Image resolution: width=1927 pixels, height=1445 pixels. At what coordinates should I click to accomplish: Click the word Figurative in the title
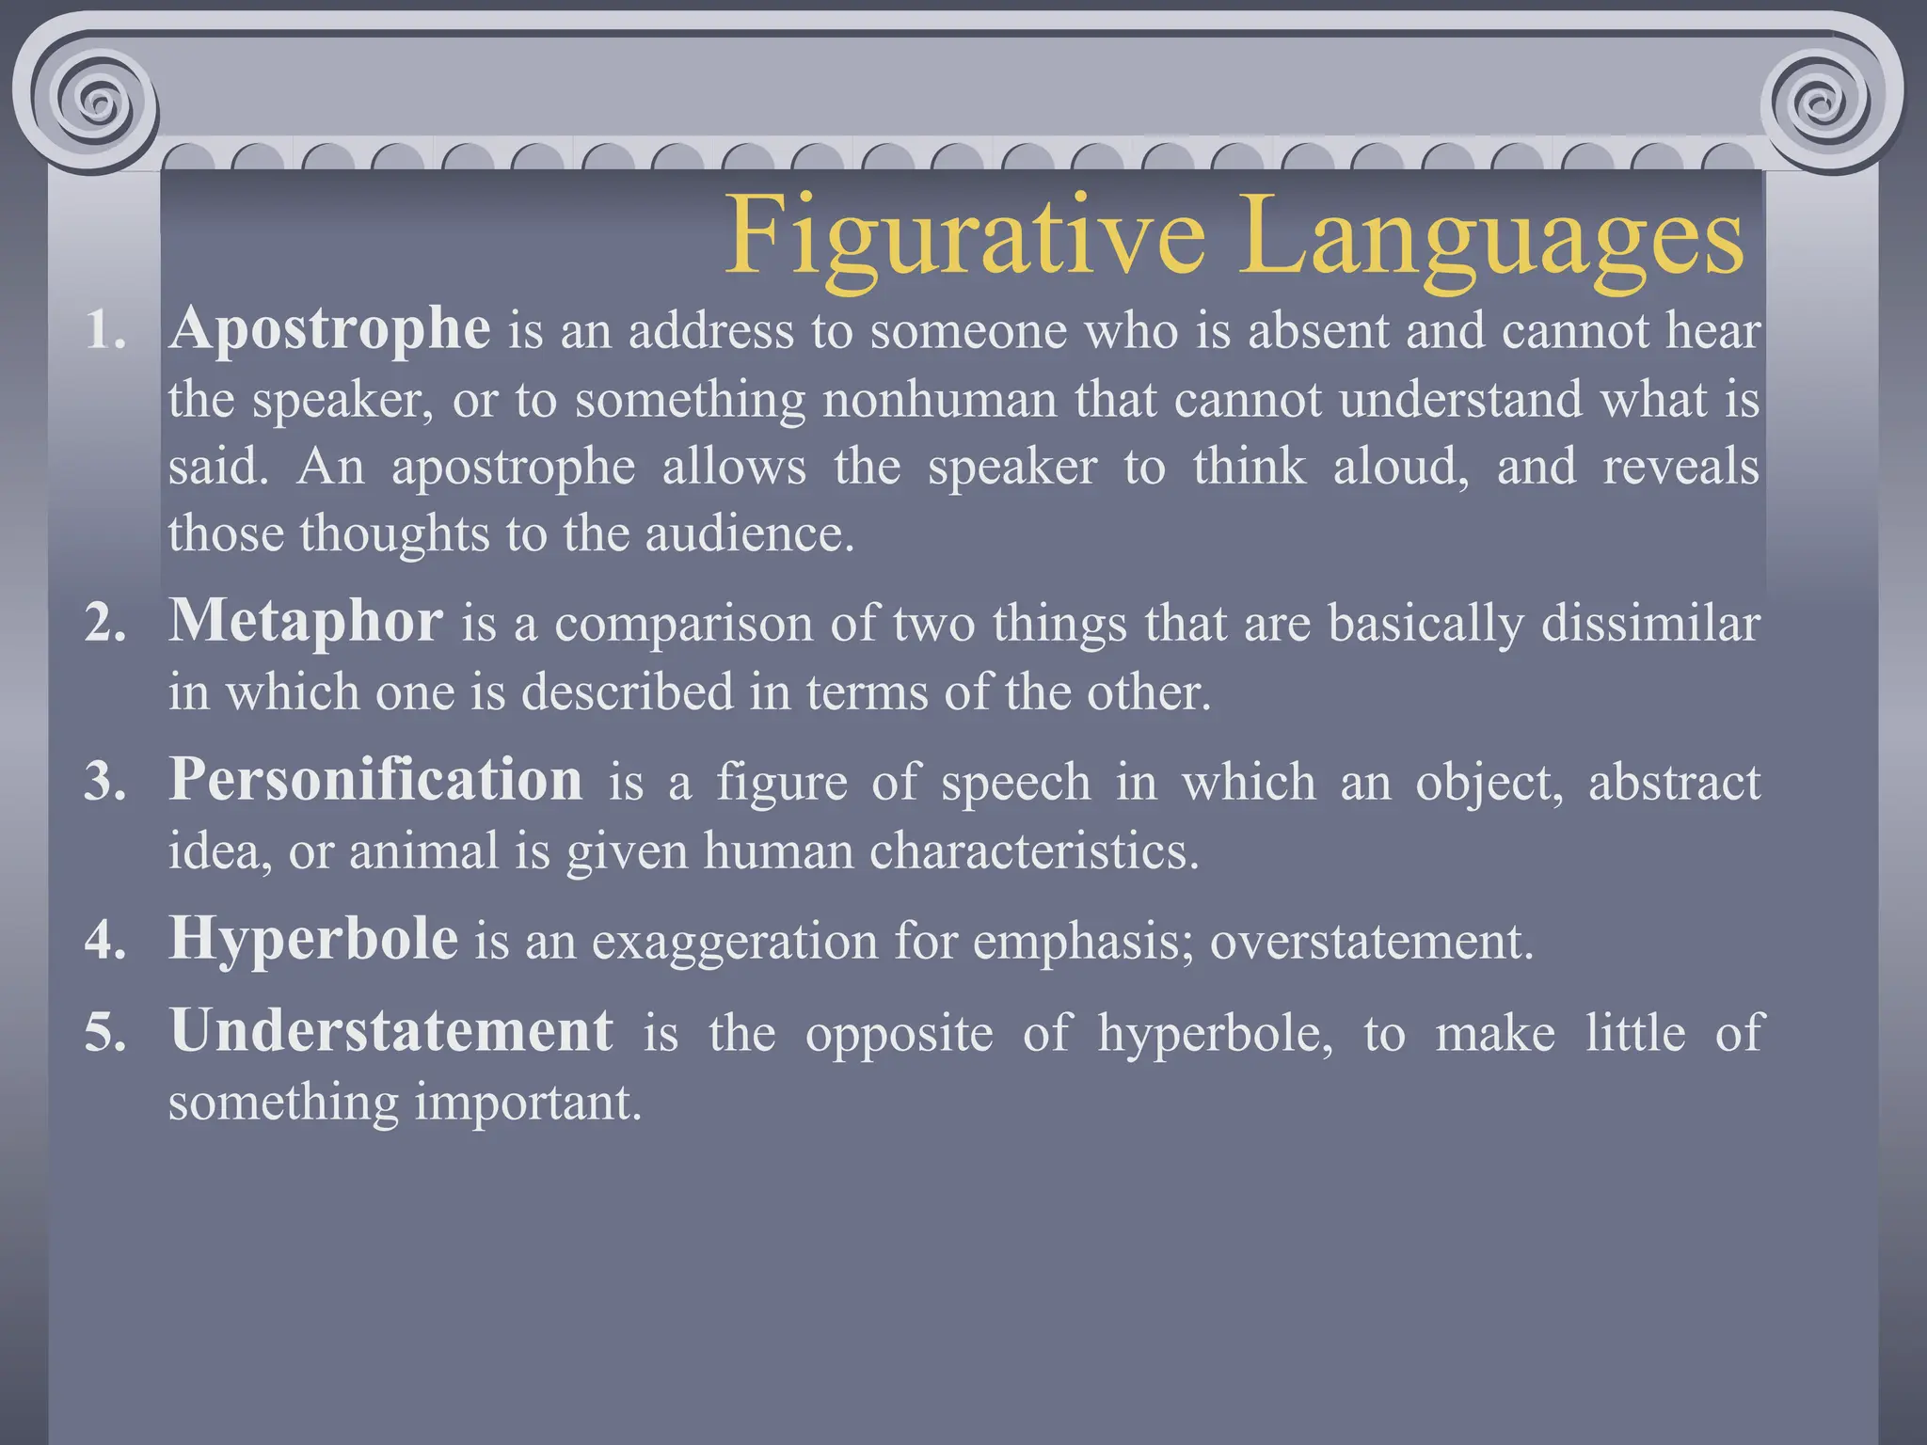pos(964,235)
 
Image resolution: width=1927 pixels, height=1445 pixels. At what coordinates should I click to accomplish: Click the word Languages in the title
pos(1490,235)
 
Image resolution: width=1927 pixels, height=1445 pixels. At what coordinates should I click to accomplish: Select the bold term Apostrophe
pos(329,329)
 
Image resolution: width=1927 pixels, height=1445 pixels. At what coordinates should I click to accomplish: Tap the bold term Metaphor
pos(306,622)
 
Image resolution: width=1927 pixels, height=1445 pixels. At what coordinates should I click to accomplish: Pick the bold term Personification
pos(375,780)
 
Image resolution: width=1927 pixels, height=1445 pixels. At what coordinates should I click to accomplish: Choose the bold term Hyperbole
pos(313,939)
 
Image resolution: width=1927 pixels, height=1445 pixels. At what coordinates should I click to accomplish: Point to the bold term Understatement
pos(391,1031)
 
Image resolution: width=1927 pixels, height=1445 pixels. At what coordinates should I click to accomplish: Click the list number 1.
pos(104,331)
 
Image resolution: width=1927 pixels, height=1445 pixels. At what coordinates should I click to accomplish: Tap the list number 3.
pos(104,782)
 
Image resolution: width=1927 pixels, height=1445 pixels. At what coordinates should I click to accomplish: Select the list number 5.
pos(104,1033)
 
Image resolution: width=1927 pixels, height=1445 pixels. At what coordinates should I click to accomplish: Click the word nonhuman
pos(940,399)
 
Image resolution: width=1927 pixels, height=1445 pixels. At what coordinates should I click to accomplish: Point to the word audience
pos(749,533)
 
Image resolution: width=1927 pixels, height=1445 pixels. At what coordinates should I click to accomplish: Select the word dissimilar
pos(1650,623)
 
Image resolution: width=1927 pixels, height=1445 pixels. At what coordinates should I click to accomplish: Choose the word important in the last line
pos(528,1103)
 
